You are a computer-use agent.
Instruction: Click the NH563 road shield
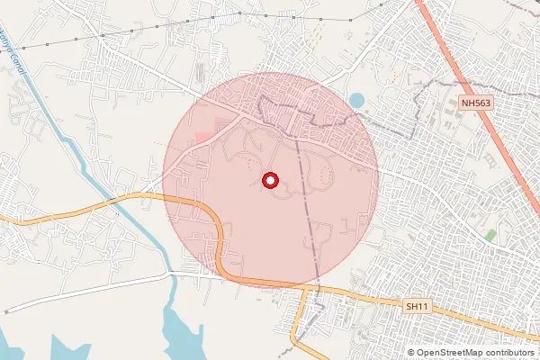pyautogui.click(x=476, y=103)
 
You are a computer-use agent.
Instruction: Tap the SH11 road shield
pyautogui.click(x=416, y=307)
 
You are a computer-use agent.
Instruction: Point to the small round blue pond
pyautogui.click(x=356, y=99)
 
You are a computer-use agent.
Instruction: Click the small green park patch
pyautogui.click(x=490, y=235)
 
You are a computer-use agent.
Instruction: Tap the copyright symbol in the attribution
pyautogui.click(x=410, y=353)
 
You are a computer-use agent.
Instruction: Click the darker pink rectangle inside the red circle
pyautogui.click(x=205, y=137)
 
